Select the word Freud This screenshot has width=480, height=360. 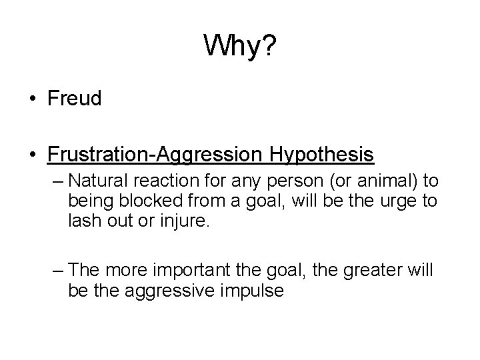(74, 99)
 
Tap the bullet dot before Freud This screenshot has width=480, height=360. (33, 100)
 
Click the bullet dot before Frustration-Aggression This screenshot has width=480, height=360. (33, 155)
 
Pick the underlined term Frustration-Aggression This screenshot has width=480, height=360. (154, 155)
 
